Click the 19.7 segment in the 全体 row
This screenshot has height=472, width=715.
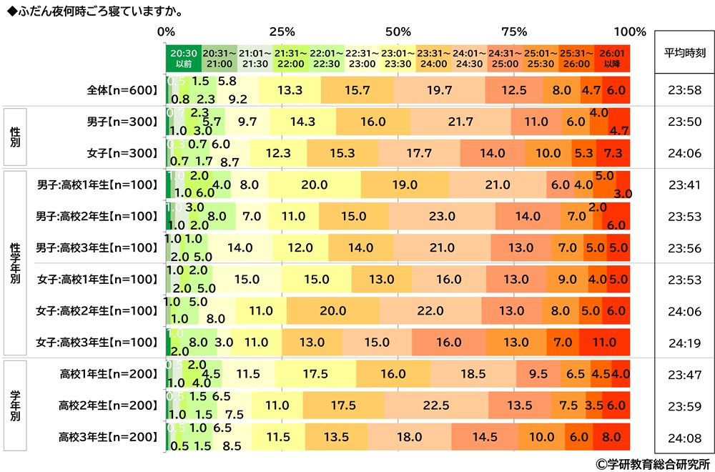[439, 91]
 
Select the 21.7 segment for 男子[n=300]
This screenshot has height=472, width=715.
[460, 122]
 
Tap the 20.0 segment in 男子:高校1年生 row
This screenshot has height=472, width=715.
[314, 185]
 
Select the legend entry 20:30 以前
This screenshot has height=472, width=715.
[183, 58]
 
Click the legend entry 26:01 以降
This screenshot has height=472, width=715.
[612, 58]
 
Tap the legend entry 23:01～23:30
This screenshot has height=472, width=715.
[398, 58]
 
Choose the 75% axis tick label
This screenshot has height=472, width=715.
[514, 31]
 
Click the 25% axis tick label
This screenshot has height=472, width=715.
[282, 31]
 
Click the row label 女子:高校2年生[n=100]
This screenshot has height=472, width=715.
[97, 310]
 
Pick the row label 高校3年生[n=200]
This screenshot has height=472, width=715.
[108, 437]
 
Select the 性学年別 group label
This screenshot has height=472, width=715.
[15, 262]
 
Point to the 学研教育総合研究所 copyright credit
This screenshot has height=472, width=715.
[651, 463]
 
